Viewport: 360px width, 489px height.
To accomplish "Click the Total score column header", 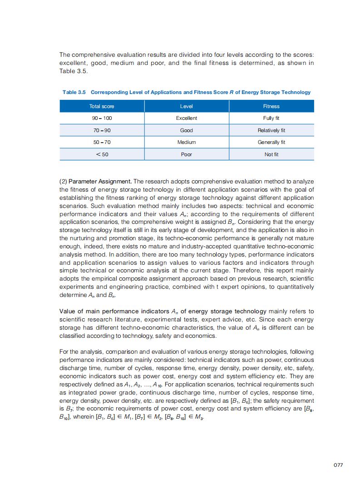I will point(102,106).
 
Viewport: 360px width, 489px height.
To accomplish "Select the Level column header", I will point(187,106).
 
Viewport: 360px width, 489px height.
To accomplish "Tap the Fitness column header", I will point(271,106).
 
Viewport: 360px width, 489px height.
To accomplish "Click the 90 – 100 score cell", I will point(102,118).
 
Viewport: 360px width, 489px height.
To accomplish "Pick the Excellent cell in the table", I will point(187,118).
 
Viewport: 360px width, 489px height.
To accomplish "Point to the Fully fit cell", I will point(271,118).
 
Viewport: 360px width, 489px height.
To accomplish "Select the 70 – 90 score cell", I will point(102,130).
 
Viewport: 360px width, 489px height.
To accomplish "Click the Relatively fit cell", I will point(271,130).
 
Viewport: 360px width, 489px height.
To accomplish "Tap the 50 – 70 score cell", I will point(102,142).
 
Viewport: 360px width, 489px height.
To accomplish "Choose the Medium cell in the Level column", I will point(187,142).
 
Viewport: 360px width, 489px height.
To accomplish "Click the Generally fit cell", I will point(271,142).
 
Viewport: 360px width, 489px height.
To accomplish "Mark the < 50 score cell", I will point(102,154).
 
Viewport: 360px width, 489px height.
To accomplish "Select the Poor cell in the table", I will point(187,154).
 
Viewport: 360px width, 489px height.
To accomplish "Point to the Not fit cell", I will point(271,154).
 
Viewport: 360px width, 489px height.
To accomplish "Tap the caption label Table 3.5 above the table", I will point(74,92).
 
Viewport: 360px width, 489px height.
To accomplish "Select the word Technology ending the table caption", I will point(296,92).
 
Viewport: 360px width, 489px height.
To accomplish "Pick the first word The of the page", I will point(64,55).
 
